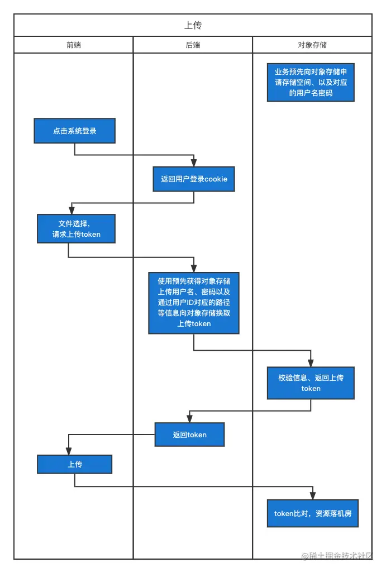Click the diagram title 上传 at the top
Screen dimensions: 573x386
[193, 25]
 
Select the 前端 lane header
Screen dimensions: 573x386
[73, 45]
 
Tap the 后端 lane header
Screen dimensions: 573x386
[193, 45]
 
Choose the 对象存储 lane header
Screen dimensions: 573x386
[312, 45]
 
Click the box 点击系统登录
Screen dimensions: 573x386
[74, 131]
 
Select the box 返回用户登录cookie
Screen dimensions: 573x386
[194, 179]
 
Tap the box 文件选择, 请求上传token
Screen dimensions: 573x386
[76, 228]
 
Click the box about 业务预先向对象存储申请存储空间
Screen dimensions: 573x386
[311, 82]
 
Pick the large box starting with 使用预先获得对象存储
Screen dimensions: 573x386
[194, 303]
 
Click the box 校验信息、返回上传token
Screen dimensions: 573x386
[311, 383]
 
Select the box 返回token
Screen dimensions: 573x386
[189, 434]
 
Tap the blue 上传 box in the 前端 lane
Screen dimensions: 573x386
[75, 464]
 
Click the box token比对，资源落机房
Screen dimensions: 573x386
[312, 513]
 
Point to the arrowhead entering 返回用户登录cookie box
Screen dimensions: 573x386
[194, 163]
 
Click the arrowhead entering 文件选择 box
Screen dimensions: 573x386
[72, 211]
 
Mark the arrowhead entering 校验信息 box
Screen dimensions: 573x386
[311, 363]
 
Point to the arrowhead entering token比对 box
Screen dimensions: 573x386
[313, 496]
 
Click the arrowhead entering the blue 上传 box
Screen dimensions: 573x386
[69, 451]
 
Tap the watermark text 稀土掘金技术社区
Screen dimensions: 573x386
[341, 556]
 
